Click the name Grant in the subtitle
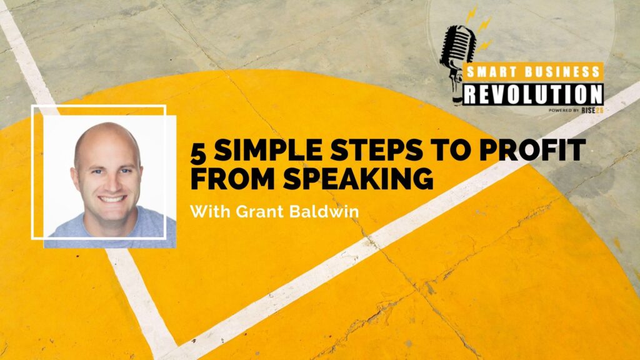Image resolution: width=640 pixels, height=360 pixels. (258, 211)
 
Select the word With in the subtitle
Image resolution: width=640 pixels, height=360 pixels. (211, 211)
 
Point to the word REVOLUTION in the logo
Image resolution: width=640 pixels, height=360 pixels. (534, 94)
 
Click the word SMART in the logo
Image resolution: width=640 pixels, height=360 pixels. (487, 72)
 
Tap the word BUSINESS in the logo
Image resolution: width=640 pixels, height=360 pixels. (557, 72)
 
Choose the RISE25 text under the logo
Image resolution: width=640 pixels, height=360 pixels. (592, 110)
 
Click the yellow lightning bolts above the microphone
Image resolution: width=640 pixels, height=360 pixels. (481, 27)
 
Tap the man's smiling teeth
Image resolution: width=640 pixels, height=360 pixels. (111, 199)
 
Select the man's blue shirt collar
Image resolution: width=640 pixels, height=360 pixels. (110, 221)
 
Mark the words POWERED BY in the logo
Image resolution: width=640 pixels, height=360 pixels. (564, 111)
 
